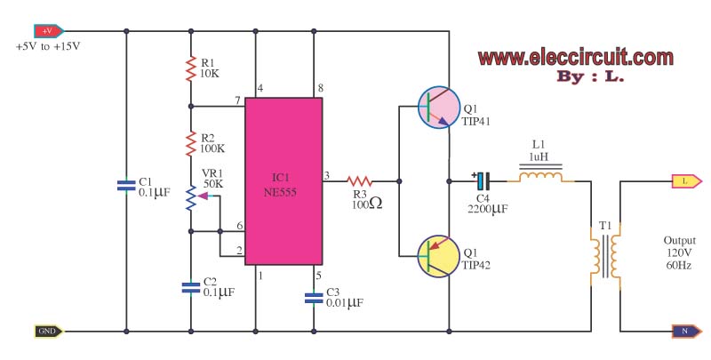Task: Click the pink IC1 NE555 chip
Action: [284, 180]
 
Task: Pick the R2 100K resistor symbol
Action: [190, 143]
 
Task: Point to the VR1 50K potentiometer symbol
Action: [190, 199]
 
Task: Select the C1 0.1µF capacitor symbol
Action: [126, 186]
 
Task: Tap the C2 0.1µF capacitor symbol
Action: [190, 286]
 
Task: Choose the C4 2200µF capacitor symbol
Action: [479, 180]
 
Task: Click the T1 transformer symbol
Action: [605, 254]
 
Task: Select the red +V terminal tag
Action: [47, 31]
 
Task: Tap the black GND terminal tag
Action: [47, 332]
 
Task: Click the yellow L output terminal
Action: [683, 180]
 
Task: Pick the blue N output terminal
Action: [683, 332]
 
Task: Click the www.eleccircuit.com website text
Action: [575, 58]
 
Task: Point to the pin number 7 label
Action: [238, 99]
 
